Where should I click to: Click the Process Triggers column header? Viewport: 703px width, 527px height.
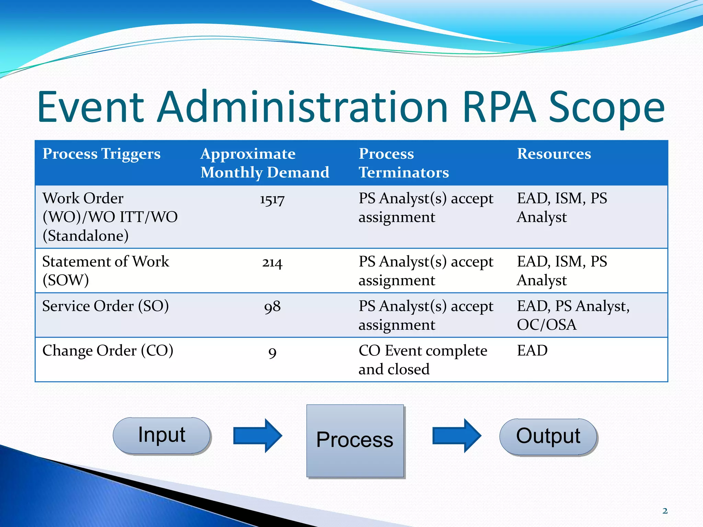[102, 154]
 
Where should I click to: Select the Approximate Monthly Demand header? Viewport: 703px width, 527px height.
[265, 163]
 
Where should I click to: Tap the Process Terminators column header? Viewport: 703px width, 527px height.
[404, 163]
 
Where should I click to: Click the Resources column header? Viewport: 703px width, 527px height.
[554, 154]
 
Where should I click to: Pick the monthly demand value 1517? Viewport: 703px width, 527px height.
[272, 200]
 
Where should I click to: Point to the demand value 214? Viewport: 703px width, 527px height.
[272, 263]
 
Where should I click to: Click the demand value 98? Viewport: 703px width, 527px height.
[272, 307]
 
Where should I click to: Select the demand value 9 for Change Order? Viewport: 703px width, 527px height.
[272, 352]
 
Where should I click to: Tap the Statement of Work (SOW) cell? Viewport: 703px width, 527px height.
[105, 271]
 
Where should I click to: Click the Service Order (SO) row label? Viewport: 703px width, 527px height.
[105, 306]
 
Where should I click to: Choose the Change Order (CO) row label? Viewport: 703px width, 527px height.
[107, 351]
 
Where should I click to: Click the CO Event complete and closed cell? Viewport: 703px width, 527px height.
[423, 360]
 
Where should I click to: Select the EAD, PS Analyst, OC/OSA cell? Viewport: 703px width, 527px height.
[573, 315]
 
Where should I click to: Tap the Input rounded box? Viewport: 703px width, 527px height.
[162, 435]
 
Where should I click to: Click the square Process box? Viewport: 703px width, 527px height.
[355, 441]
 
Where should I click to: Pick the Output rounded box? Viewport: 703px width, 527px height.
[548, 436]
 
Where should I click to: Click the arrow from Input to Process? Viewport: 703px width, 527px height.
[257, 435]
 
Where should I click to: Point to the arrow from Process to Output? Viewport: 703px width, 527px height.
[457, 435]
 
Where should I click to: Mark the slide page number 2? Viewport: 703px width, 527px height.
[665, 511]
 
